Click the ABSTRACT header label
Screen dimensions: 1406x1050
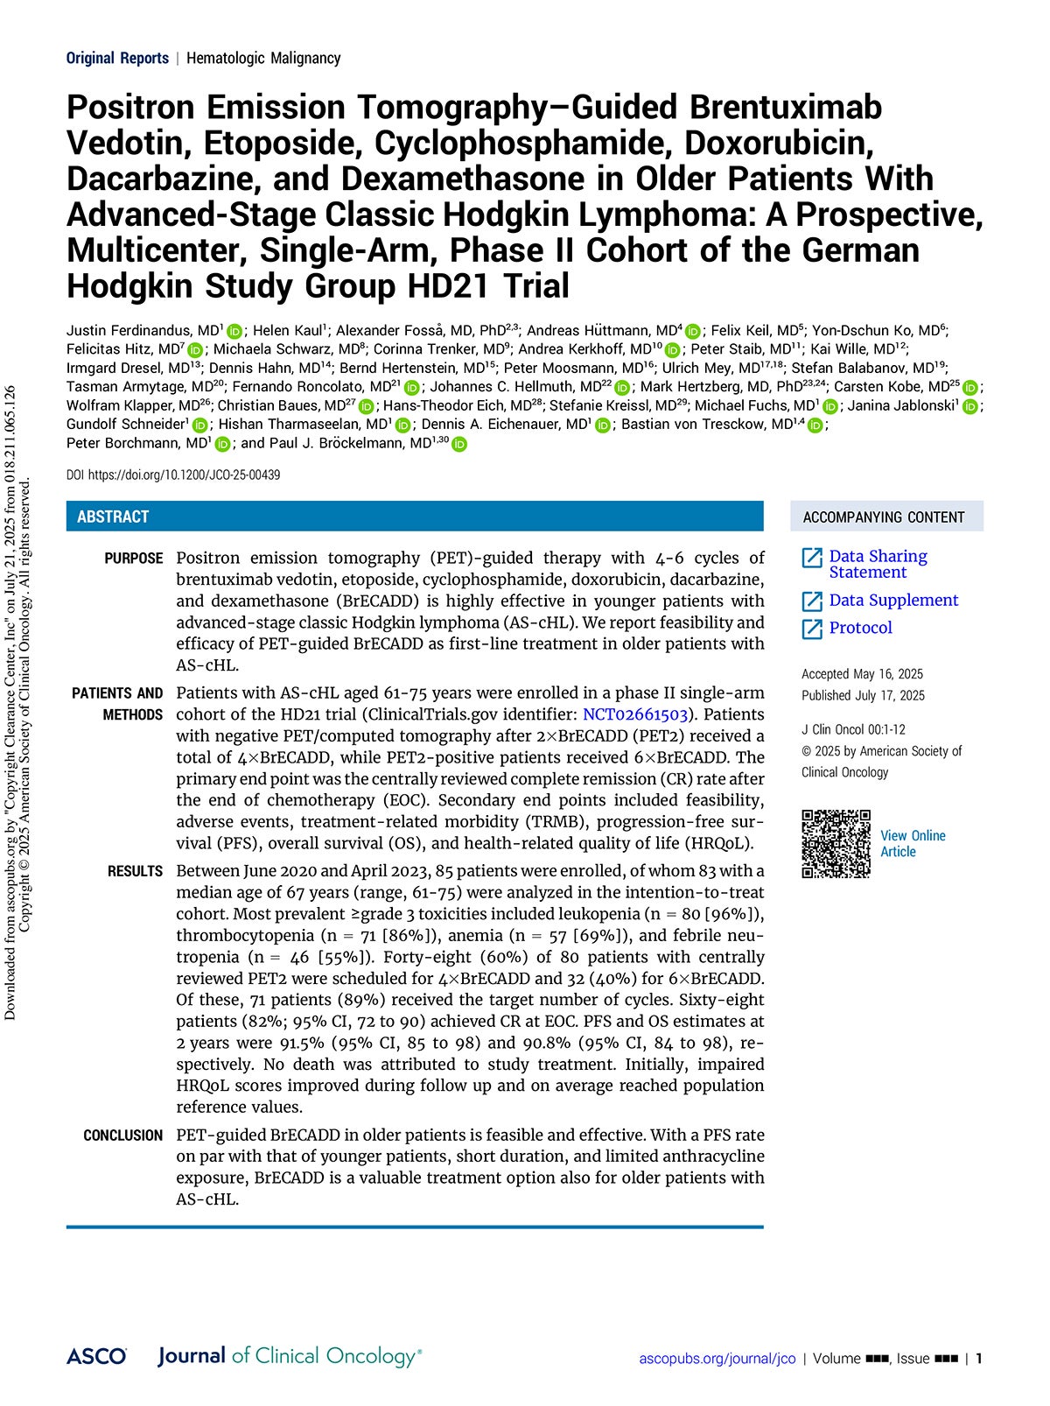click(x=113, y=517)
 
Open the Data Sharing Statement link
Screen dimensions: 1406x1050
click(x=877, y=564)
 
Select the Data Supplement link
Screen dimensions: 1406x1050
click(x=892, y=601)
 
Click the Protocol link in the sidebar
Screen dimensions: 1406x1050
click(x=860, y=628)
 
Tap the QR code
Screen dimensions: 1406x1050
click(x=836, y=844)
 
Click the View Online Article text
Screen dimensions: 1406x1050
click(x=913, y=844)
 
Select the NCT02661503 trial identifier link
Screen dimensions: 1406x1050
click(x=635, y=714)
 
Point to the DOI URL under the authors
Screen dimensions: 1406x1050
click(x=173, y=475)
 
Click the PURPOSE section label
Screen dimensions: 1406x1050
click(x=134, y=559)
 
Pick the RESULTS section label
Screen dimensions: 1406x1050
click(x=136, y=871)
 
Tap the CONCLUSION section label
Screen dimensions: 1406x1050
click(x=123, y=1135)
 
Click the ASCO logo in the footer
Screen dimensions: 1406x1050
click(x=96, y=1357)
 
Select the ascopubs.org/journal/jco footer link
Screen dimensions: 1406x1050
click(x=717, y=1359)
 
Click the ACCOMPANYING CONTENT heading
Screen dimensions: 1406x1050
click(x=884, y=517)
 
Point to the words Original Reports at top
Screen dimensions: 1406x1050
click(x=117, y=59)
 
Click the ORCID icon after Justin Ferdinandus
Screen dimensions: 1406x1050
click(x=234, y=331)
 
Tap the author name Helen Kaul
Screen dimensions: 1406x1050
click(x=288, y=331)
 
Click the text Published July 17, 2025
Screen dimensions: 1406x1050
click(x=863, y=695)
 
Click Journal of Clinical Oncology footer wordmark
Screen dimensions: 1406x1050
click(x=289, y=1357)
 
